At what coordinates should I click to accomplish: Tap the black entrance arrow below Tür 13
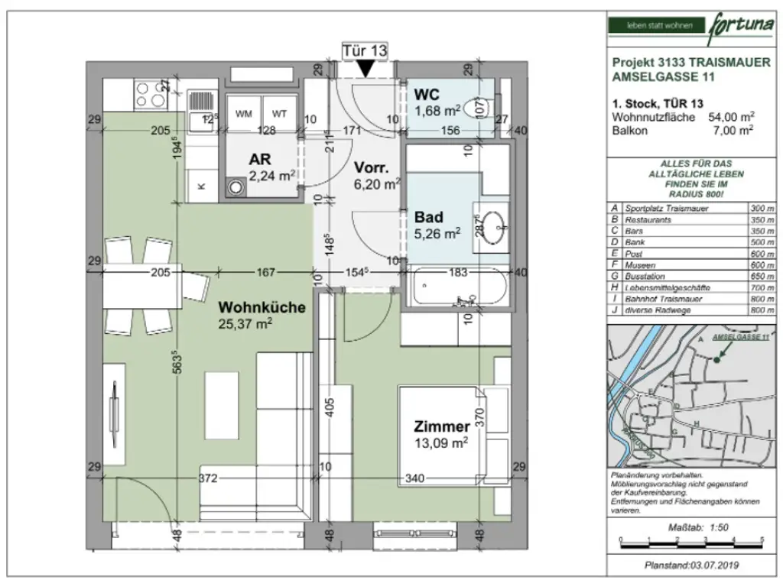[x=366, y=69]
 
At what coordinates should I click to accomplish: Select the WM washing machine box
[x=244, y=114]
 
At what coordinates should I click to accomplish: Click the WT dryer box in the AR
[x=280, y=114]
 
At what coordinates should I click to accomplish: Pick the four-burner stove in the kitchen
[x=151, y=95]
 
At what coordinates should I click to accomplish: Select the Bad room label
[x=428, y=216]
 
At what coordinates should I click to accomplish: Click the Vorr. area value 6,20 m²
[x=377, y=183]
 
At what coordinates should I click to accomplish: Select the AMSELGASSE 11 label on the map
[x=740, y=337]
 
